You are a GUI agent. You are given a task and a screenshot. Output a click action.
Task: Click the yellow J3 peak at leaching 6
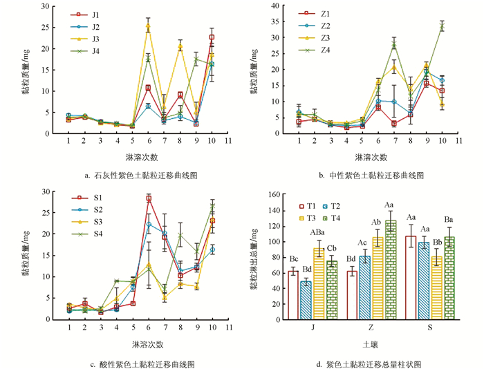(148, 27)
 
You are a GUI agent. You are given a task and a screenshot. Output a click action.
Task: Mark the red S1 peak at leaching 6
(148, 198)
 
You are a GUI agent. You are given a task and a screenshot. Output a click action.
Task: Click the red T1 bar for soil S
(410, 263)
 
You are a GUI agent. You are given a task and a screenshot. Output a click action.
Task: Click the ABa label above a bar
(319, 233)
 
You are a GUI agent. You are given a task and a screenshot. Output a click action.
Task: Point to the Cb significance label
(332, 247)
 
